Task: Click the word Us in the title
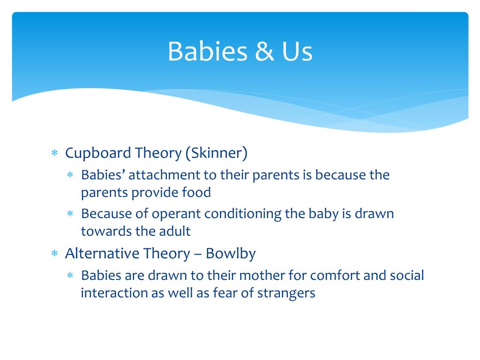[297, 51]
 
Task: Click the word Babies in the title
[208, 51]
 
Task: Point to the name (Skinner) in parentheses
[217, 153]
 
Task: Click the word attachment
[164, 175]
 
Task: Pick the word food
[196, 192]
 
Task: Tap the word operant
[176, 214]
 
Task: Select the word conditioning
[243, 214]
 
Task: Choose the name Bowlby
[231, 254]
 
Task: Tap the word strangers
[286, 293]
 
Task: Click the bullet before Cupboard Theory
[54, 153]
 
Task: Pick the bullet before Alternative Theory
[54, 253]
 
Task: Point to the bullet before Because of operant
[70, 213]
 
